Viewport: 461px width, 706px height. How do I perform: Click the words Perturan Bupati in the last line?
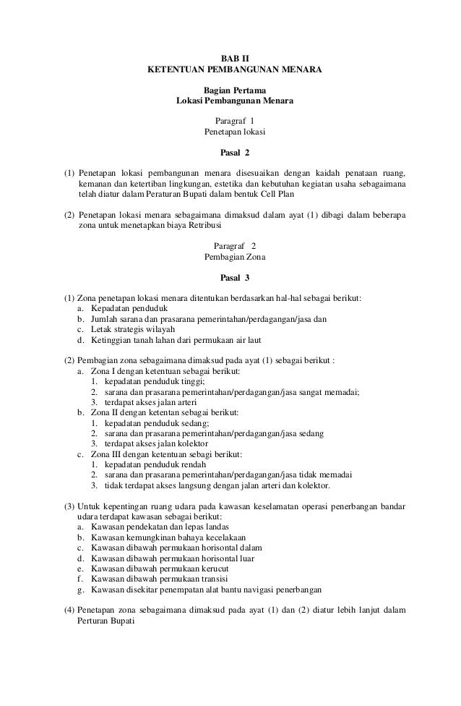tap(105, 622)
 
